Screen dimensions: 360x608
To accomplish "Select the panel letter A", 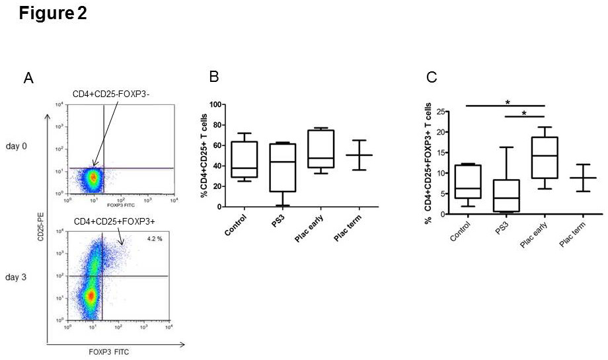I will click(28, 79).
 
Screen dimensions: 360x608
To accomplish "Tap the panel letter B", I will click(214, 77).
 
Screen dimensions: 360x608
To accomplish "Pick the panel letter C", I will click(432, 78).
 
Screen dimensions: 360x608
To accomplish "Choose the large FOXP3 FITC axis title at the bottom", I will click(110, 352).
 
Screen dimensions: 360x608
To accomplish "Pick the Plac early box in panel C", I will click(544, 157).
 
